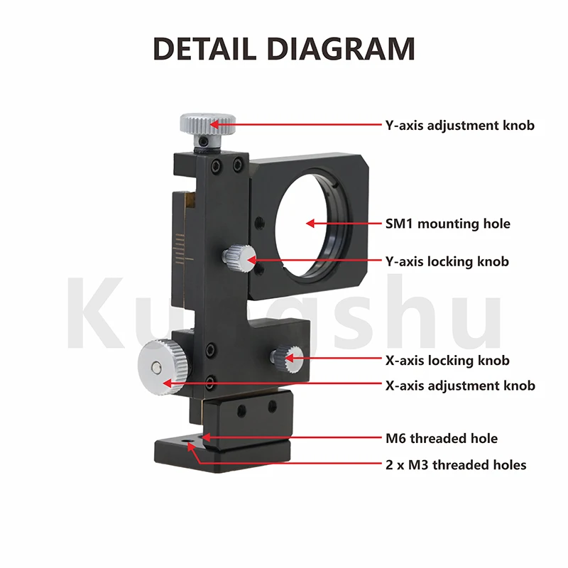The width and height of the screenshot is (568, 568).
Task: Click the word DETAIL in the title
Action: [x=204, y=48]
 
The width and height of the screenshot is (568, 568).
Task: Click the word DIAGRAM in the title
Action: [x=342, y=48]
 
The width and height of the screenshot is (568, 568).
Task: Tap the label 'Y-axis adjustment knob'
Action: [x=459, y=126]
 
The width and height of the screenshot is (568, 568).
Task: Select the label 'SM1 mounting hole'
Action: [x=448, y=224]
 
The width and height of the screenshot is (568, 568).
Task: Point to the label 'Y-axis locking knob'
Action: [x=447, y=261]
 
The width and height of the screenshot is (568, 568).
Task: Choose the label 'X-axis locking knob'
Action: [x=447, y=361]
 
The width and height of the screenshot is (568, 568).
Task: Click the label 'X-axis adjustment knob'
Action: [x=460, y=386]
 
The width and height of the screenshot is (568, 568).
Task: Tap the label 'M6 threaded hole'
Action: [x=442, y=439]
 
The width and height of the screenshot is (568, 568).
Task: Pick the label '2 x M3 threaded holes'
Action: [x=456, y=465]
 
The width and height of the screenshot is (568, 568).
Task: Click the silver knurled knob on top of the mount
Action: [x=207, y=124]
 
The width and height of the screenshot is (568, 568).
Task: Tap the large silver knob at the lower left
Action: [x=164, y=366]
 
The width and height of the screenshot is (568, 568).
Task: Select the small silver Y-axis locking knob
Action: [x=239, y=258]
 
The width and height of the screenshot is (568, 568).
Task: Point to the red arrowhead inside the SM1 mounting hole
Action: [x=310, y=224]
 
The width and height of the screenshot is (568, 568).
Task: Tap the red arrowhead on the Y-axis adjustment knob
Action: [x=214, y=124]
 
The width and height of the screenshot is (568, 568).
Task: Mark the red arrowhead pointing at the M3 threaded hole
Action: [x=191, y=447]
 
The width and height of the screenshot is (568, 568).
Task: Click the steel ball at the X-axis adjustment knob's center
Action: [x=156, y=367]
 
